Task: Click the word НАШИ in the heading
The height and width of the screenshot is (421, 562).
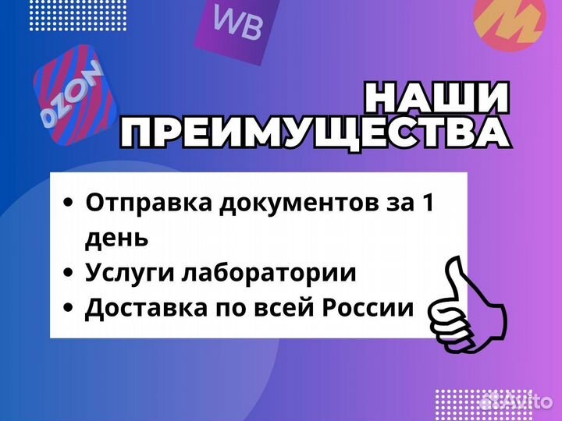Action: pos(437,99)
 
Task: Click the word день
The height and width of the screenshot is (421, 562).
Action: pos(116,237)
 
